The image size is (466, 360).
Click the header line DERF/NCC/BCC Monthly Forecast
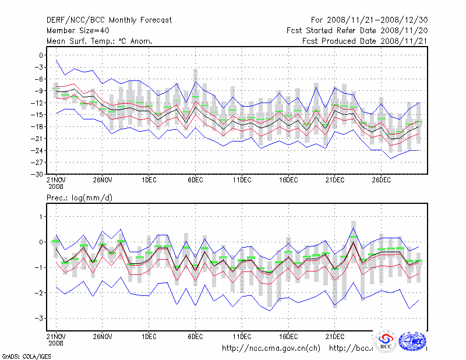pyautogui.click(x=109, y=20)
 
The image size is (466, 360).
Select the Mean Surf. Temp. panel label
pyautogui.click(x=100, y=41)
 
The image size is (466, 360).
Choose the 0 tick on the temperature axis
pyautogui.click(x=41, y=55)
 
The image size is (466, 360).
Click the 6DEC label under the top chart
pyautogui.click(x=195, y=181)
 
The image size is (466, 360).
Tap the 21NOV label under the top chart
pyautogui.click(x=56, y=181)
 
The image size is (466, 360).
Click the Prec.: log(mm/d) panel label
pyautogui.click(x=80, y=198)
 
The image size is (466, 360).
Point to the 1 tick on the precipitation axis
pyautogui.click(x=41, y=216)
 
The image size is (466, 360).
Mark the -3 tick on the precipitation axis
pyautogui.click(x=39, y=319)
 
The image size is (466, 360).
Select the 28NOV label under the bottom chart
pyautogui.click(x=102, y=337)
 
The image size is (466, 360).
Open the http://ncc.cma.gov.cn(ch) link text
pyautogui.click(x=271, y=348)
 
